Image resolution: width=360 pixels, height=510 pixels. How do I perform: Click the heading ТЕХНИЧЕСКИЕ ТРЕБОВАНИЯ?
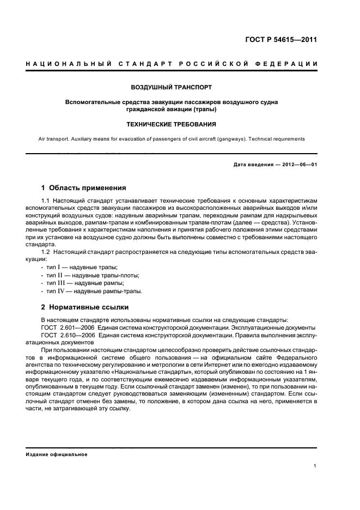(172, 124)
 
